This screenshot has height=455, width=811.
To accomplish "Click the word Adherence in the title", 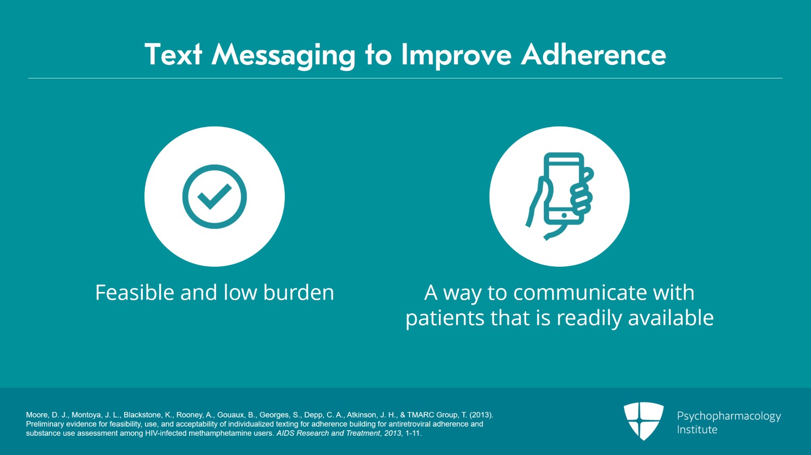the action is click(x=594, y=55).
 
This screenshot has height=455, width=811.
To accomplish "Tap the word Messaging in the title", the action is click(x=283, y=56).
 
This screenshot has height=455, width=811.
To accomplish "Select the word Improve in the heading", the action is click(x=456, y=56).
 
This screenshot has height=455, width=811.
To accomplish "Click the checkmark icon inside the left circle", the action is click(x=214, y=196).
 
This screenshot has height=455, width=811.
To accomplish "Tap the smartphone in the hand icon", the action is click(x=564, y=189).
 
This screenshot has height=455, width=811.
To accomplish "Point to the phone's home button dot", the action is click(x=564, y=216).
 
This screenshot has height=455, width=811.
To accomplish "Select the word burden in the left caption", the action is click(x=299, y=292).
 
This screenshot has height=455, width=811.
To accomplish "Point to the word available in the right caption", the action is click(x=671, y=317).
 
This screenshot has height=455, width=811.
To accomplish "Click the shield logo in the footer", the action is click(x=644, y=421).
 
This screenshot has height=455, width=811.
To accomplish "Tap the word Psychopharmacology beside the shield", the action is click(x=729, y=417).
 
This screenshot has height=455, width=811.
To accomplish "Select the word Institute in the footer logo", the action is click(x=697, y=430).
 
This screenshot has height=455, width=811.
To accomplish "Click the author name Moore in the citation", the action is click(x=36, y=415).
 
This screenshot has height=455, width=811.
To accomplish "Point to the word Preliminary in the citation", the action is click(x=45, y=424).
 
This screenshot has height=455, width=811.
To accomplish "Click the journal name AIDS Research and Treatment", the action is click(x=328, y=433).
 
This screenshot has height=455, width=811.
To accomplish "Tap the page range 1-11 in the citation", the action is click(x=413, y=433).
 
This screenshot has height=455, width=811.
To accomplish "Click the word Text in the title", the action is click(x=173, y=55).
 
